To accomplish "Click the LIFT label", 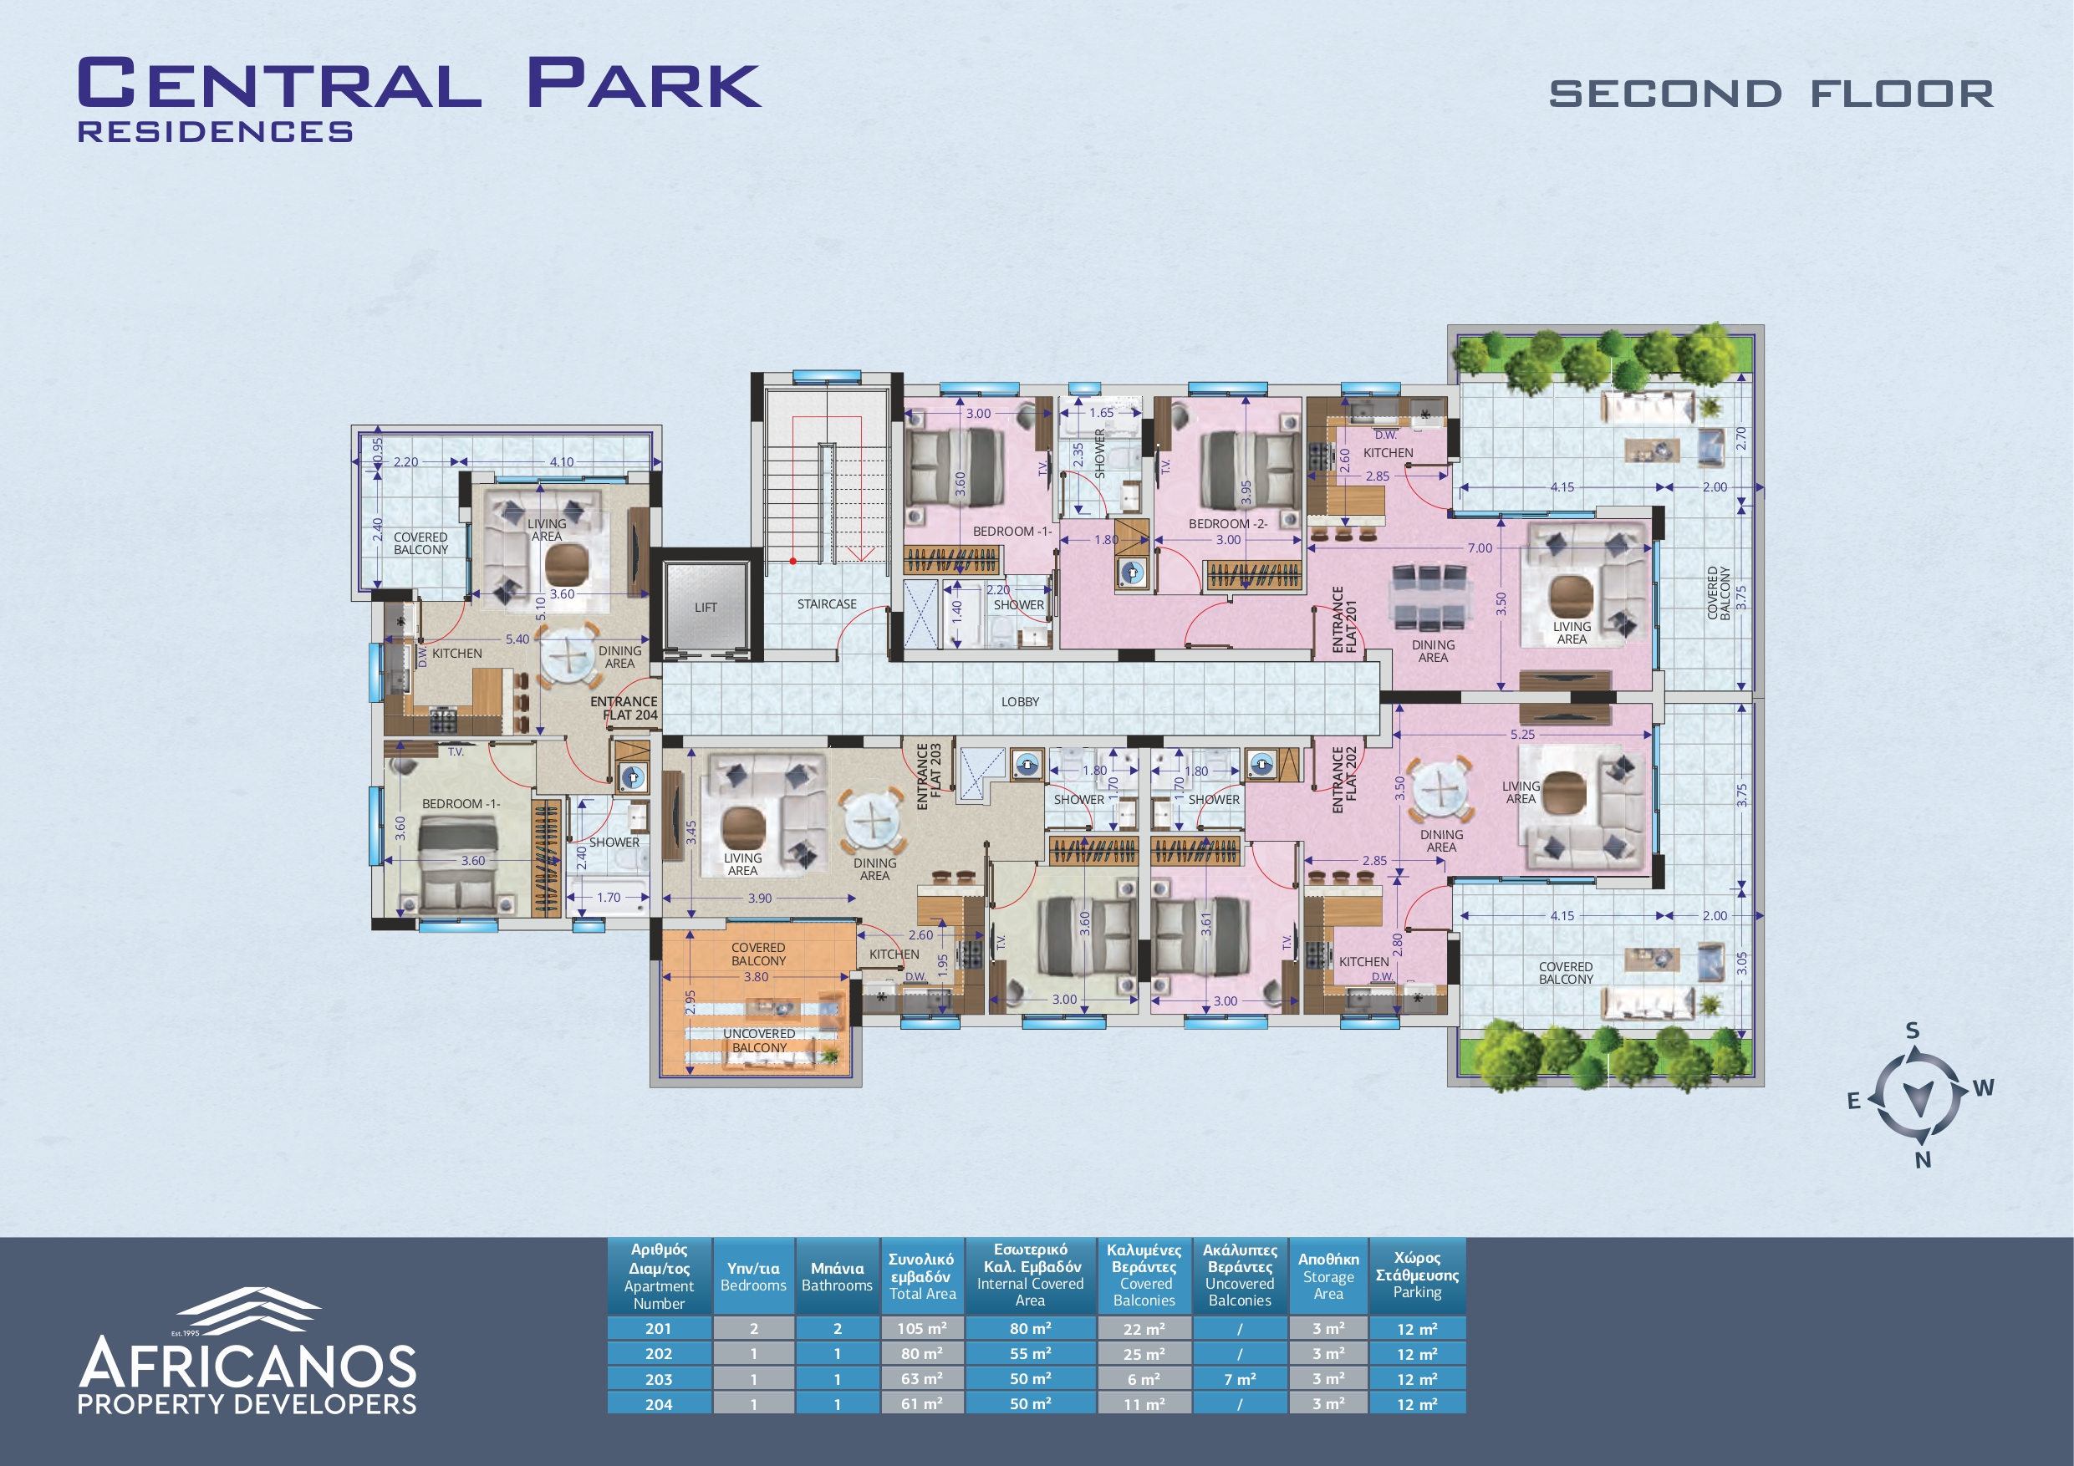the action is click(x=706, y=608).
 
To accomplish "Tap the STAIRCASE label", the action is click(x=827, y=604).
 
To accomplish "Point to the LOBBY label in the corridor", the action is click(x=1020, y=702).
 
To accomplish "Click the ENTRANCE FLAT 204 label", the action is click(x=624, y=708).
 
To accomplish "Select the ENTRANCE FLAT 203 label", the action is click(x=929, y=776).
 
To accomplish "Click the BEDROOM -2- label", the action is click(x=1228, y=524).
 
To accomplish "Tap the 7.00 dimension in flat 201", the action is click(x=1480, y=548).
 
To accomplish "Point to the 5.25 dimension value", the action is click(x=1522, y=735).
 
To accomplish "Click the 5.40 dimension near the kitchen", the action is click(x=517, y=639).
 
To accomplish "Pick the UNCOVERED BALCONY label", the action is click(x=759, y=1041).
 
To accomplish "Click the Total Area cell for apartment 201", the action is click(x=922, y=1329).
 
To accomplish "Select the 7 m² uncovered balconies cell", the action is click(x=1240, y=1379).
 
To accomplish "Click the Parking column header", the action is click(x=1417, y=1275).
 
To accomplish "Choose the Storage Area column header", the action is click(x=1327, y=1276).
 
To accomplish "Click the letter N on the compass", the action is click(x=1924, y=1160).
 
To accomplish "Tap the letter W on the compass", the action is click(x=1984, y=1087).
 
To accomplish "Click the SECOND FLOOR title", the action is click(x=1771, y=94).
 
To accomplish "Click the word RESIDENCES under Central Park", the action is click(x=215, y=132).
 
